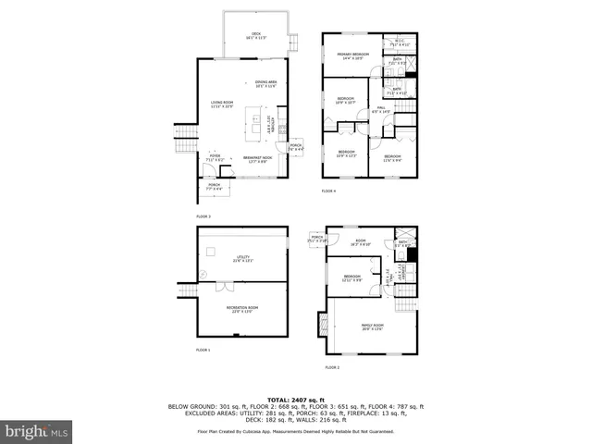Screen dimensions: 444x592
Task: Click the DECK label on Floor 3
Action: point(256,36)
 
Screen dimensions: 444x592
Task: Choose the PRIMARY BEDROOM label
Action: point(353,55)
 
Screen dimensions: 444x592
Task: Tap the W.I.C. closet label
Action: point(398,43)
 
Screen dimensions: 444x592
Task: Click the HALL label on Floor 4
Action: point(380,110)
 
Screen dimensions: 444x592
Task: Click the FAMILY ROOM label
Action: point(372,327)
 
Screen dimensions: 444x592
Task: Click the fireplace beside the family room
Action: point(323,325)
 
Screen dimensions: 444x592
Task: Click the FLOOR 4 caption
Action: point(329,191)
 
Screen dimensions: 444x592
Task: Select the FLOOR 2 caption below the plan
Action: point(331,367)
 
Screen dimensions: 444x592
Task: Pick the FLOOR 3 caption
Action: point(203,216)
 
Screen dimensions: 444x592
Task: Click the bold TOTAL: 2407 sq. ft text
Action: point(296,400)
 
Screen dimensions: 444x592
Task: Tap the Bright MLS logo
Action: point(37,432)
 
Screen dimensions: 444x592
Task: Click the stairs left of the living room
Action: point(182,142)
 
